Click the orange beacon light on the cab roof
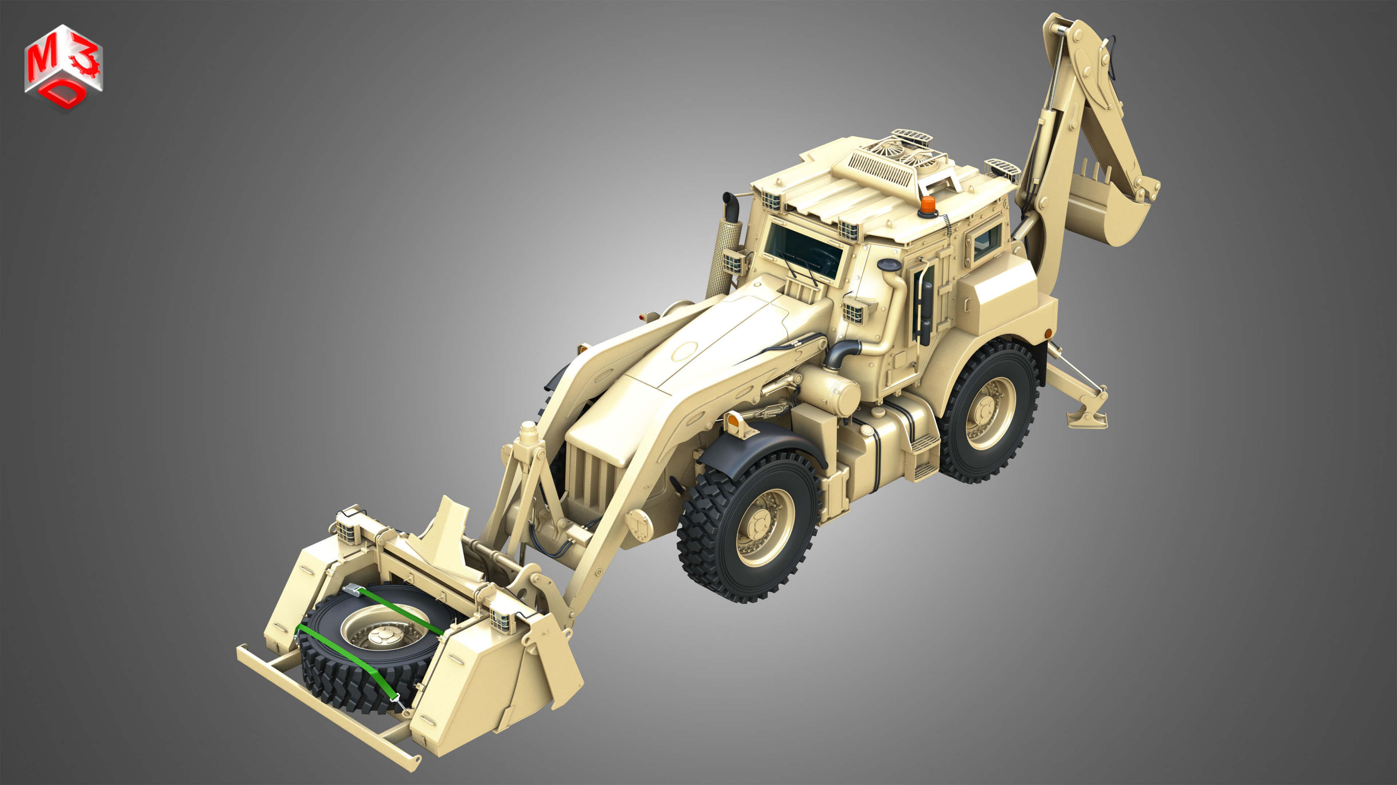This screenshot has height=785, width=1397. tap(927, 205)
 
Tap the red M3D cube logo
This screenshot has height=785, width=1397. tap(63, 67)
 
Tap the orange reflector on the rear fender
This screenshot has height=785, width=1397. tap(1048, 332)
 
